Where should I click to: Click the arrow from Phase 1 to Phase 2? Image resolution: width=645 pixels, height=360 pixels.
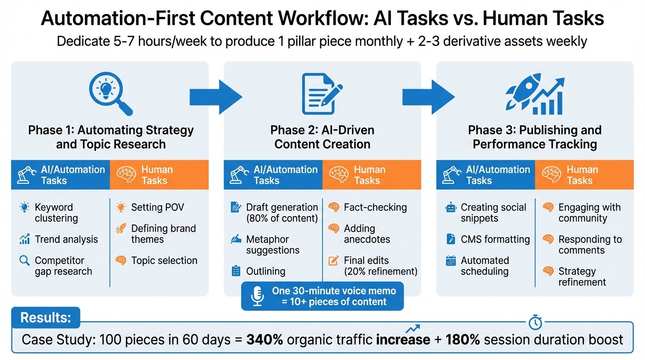pyautogui.click(x=216, y=97)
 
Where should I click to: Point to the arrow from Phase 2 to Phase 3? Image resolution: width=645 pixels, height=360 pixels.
pyautogui.click(x=428, y=97)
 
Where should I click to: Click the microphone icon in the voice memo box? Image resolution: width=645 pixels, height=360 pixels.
pyautogui.click(x=257, y=296)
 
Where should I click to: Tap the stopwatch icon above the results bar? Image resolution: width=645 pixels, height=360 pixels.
pyautogui.click(x=535, y=322)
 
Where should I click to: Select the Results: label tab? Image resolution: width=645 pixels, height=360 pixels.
pyautogui.click(x=46, y=318)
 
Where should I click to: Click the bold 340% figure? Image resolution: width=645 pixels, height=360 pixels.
pyautogui.click(x=264, y=339)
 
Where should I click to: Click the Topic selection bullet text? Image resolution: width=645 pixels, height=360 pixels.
pyautogui.click(x=164, y=261)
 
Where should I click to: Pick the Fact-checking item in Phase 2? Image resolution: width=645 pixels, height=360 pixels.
pyautogui.click(x=375, y=207)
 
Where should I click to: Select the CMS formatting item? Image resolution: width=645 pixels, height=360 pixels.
pyautogui.click(x=495, y=240)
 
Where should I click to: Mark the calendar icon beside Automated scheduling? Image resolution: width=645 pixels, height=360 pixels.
pyautogui.click(x=451, y=261)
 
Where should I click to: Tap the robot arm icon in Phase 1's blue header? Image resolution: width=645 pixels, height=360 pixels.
pyautogui.click(x=26, y=175)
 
